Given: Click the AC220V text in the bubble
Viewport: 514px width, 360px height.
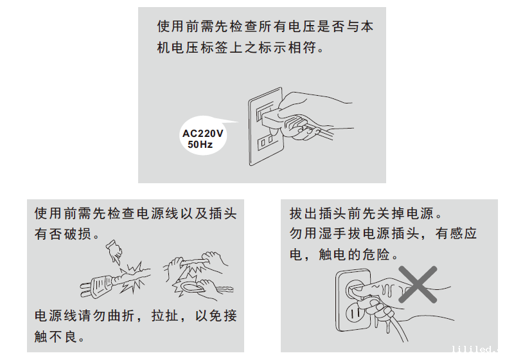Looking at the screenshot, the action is click(202, 134).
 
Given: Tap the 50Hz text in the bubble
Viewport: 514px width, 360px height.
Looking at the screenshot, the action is click(200, 144).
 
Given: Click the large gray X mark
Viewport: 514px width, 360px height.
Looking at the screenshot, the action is click(418, 284).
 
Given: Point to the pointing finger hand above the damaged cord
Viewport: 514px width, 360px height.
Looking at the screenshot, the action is click(114, 251).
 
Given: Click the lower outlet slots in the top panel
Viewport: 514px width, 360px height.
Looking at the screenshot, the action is click(265, 142).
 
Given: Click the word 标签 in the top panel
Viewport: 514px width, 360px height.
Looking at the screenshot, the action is click(215, 48).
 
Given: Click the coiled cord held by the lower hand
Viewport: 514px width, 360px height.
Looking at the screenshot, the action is click(191, 287).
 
